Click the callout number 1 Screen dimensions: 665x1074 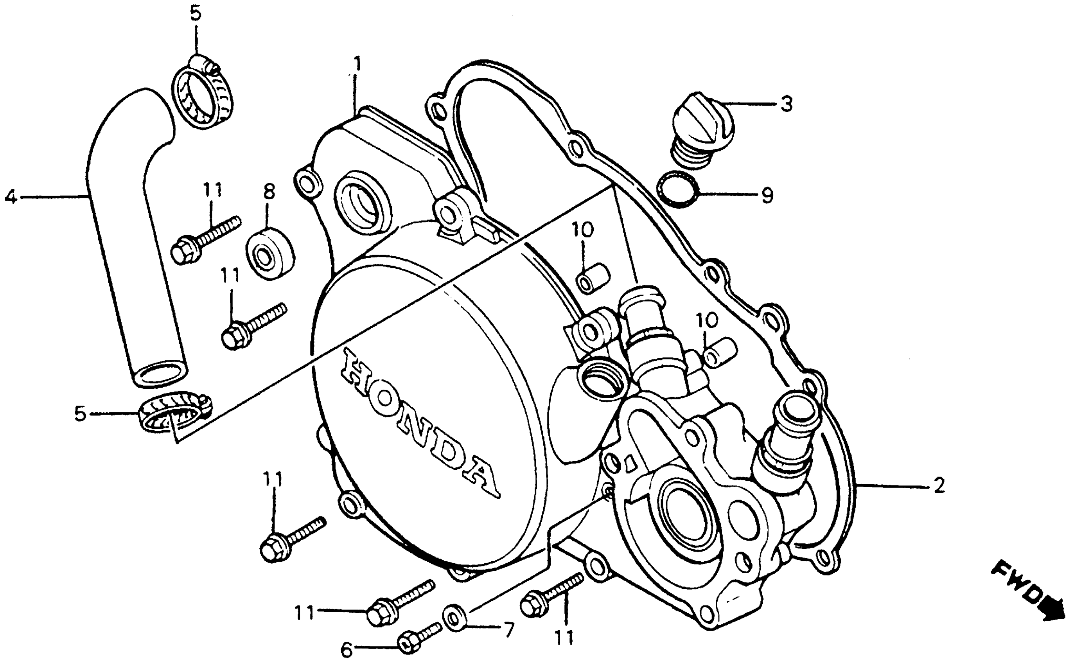pos(358,65)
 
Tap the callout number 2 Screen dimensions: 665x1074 pos(939,485)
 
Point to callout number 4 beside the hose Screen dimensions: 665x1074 pos(11,198)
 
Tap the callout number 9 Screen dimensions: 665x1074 pos(767,195)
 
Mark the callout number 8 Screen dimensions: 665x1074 pos(269,192)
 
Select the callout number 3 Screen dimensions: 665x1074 pos(786,104)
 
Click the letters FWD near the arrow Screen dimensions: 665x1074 pos(1017,585)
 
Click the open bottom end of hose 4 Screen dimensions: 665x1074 pos(160,375)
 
